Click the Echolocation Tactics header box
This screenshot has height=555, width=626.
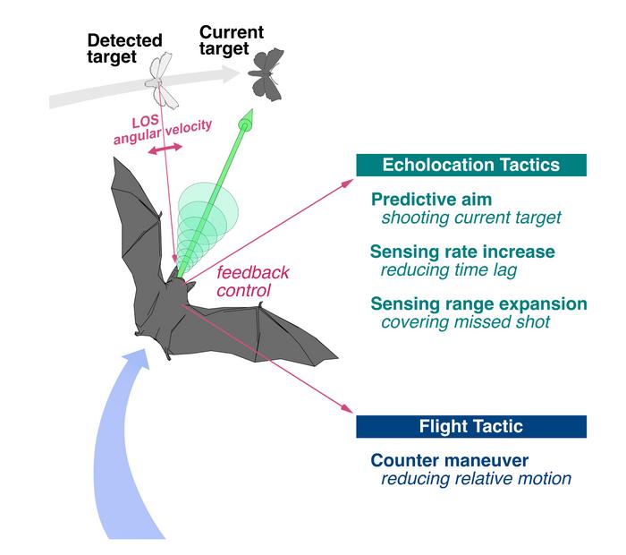(471, 165)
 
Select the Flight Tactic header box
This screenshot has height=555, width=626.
(471, 426)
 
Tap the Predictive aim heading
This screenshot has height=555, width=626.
(419, 200)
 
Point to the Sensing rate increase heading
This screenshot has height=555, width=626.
(462, 252)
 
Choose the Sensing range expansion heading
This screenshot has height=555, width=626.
(478, 303)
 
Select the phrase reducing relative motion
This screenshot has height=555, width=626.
(462, 478)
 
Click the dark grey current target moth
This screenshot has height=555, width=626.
(263, 72)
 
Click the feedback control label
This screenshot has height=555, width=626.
(247, 282)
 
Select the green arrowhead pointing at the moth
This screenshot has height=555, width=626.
(247, 119)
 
